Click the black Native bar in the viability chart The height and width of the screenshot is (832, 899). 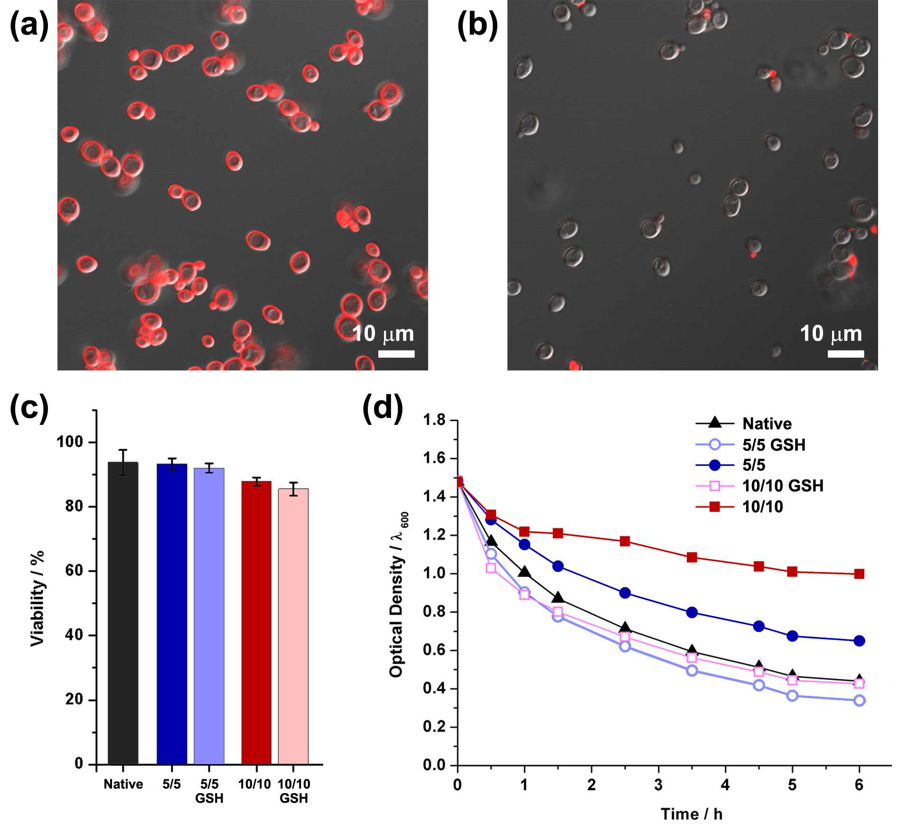[x=123, y=613]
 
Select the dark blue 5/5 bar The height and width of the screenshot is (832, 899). [x=172, y=614]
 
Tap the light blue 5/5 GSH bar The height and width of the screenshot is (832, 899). [x=209, y=616]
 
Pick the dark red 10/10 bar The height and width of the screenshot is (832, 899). [x=256, y=622]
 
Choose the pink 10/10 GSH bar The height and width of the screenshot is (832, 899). [x=293, y=626]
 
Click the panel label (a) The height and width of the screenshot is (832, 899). [x=29, y=25]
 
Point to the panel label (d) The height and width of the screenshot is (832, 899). [x=383, y=408]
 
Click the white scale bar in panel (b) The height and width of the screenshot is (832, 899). [x=845, y=353]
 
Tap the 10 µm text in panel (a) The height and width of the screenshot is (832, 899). [x=383, y=333]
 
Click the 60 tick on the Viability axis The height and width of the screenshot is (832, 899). [x=74, y=571]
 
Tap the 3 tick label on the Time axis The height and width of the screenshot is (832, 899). [x=658, y=785]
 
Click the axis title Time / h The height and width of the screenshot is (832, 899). [x=692, y=814]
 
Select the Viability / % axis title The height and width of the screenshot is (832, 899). [x=37, y=599]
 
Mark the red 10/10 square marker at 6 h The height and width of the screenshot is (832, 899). [x=859, y=573]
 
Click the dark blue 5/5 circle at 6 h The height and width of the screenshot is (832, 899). [x=859, y=641]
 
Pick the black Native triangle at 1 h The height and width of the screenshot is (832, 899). [x=524, y=572]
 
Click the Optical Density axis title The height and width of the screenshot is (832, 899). [x=398, y=594]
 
